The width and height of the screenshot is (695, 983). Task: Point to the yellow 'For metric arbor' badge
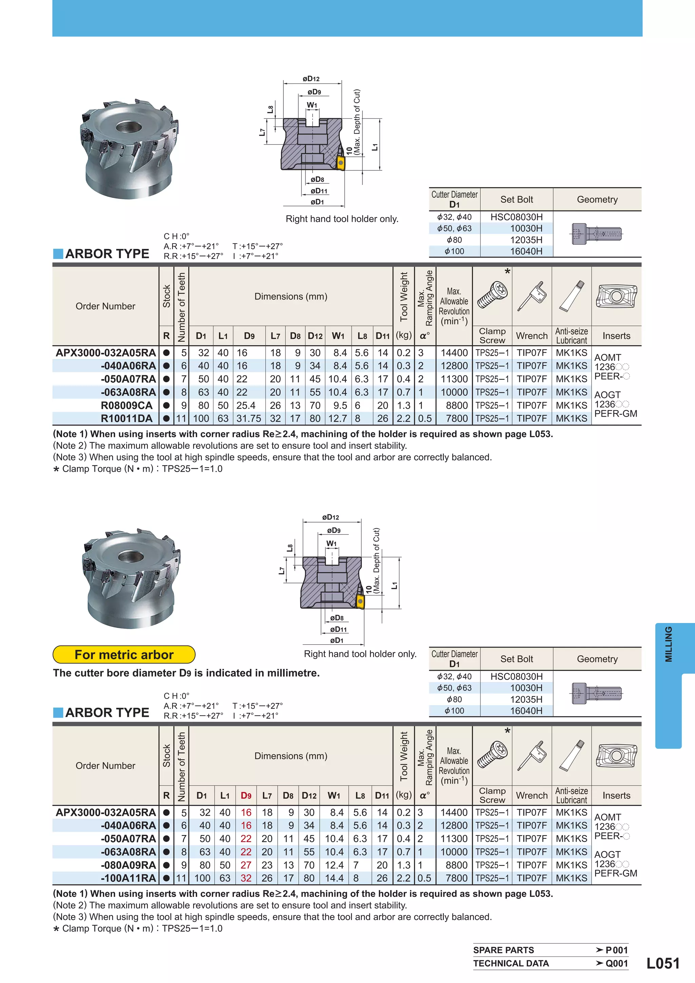click(x=124, y=655)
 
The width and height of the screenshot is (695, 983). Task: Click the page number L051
click(x=662, y=963)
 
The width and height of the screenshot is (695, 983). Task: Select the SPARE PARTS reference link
click(x=504, y=950)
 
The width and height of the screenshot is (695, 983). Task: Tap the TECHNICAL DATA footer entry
click(x=511, y=963)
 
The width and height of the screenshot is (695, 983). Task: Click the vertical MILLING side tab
click(x=668, y=644)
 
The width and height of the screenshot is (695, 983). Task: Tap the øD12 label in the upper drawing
click(x=311, y=79)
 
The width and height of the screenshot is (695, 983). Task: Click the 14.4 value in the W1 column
click(x=334, y=878)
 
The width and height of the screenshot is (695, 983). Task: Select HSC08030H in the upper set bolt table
click(x=516, y=217)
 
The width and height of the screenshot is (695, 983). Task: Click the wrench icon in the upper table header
click(x=532, y=296)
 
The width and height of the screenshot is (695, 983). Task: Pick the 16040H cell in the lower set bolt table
click(x=526, y=711)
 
